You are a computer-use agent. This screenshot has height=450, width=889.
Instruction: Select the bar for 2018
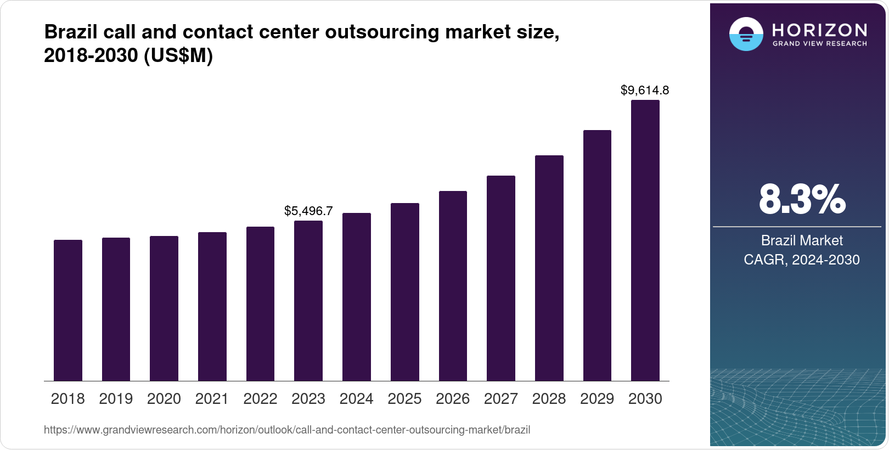68,310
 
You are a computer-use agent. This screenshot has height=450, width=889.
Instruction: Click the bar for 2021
212,306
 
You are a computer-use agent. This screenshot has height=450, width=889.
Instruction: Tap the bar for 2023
308,301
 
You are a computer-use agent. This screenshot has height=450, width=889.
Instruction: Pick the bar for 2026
453,286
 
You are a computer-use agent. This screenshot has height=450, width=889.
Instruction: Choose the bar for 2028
549,268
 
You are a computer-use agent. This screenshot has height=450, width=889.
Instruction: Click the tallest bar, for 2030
645,240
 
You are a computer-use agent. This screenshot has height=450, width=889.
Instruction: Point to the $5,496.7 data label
308,211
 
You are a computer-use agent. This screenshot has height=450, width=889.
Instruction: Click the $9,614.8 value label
645,90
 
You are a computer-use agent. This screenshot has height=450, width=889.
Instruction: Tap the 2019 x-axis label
116,399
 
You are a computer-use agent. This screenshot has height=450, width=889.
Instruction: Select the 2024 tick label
356,399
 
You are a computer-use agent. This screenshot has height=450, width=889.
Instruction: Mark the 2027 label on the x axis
500,399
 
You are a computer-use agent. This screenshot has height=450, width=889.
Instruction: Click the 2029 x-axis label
597,399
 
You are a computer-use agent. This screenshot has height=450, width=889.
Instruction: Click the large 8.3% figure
802,199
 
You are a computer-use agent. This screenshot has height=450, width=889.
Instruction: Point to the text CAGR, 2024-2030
802,260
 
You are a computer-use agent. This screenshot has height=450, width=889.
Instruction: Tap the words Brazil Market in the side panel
802,240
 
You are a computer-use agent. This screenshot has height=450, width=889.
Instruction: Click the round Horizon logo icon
746,34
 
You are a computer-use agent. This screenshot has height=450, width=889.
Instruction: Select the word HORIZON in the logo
820,30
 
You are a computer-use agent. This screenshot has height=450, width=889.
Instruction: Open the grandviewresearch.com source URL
287,430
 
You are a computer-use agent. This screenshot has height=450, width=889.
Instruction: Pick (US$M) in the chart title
178,56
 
